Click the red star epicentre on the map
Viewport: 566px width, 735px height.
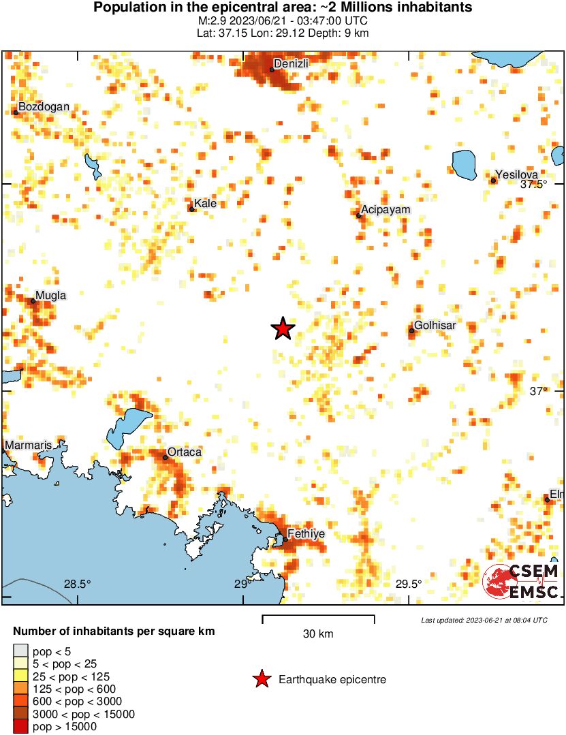click(283, 329)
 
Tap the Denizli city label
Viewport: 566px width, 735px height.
click(291, 63)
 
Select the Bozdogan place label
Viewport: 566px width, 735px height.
click(44, 107)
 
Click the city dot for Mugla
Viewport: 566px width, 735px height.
click(33, 300)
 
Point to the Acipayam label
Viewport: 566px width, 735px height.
click(386, 209)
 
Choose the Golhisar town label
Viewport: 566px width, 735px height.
click(435, 325)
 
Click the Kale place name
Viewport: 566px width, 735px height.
click(205, 203)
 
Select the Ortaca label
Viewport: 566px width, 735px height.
click(185, 452)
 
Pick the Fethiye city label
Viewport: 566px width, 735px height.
click(306, 534)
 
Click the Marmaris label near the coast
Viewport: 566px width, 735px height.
click(28, 445)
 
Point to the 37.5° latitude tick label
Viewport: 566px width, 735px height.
click(533, 185)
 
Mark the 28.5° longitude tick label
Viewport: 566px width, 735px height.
click(77, 584)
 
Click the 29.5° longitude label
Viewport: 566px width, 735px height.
click(409, 584)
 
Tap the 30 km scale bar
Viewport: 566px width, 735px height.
click(318, 619)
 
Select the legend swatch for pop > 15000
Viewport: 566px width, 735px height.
click(21, 727)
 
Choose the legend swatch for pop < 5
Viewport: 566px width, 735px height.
click(21, 653)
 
